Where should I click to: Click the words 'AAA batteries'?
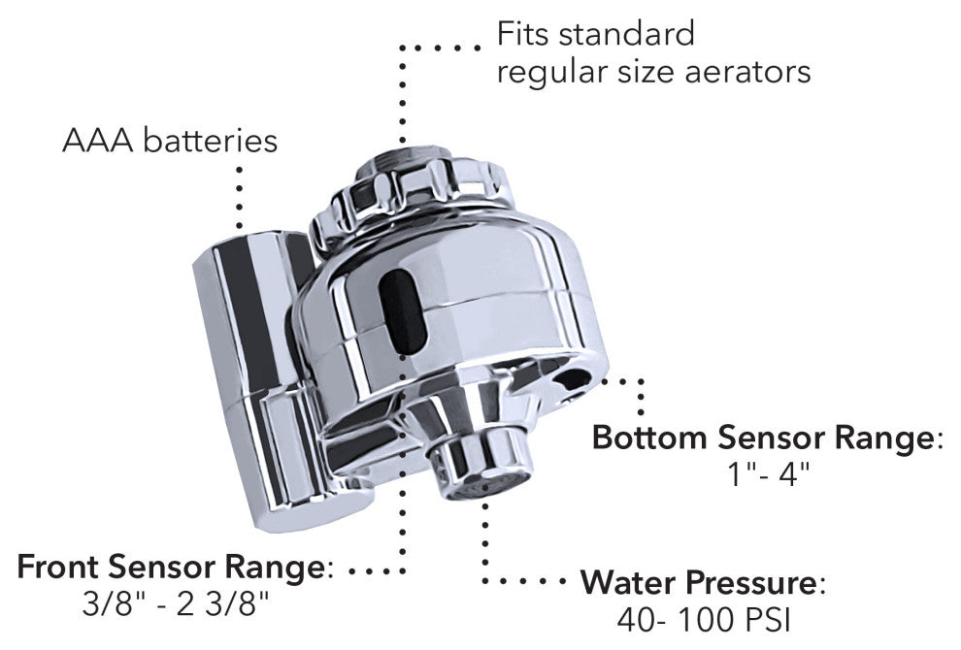click(170, 141)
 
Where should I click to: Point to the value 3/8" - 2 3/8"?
click(176, 604)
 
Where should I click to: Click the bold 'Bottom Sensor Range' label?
click(764, 439)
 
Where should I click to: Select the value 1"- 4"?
click(768, 477)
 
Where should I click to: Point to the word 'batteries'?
click(210, 141)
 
